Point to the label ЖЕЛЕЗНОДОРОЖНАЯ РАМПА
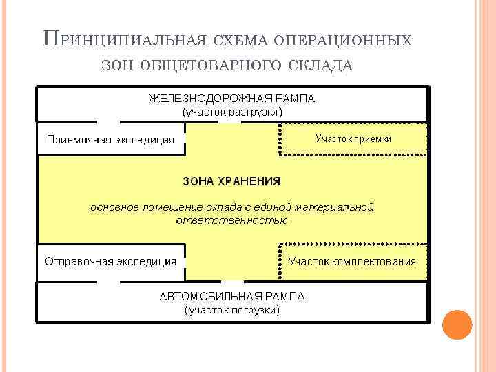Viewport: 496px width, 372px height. (231, 98)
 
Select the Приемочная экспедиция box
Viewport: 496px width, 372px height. (110, 140)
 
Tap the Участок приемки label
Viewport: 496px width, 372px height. (353, 138)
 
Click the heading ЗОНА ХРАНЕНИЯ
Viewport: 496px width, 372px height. (231, 181)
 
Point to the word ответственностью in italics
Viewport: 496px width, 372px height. (231, 220)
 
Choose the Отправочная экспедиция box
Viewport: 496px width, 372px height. (110, 262)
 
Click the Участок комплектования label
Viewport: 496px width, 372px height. (352, 262)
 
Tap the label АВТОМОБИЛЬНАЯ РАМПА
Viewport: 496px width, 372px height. (231, 297)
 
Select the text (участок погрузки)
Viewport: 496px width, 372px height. (231, 310)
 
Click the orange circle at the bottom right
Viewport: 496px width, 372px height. (457, 324)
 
